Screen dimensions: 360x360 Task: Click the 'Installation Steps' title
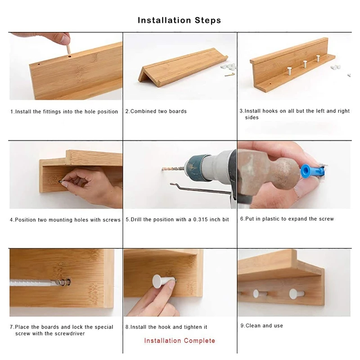(x=179, y=20)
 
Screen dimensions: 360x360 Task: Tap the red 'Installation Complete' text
(x=180, y=341)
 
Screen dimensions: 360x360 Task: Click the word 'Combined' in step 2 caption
(x=143, y=111)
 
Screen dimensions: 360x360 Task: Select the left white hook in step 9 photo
(x=256, y=293)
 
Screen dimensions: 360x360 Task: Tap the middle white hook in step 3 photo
(x=305, y=63)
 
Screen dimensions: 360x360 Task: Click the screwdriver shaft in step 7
(x=31, y=283)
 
